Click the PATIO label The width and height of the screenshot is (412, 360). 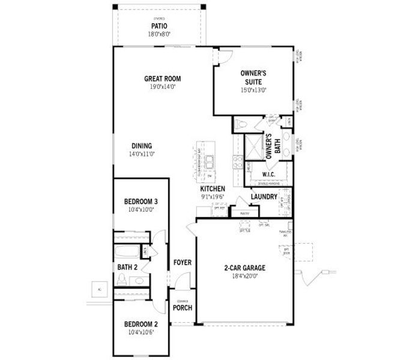click(x=159, y=26)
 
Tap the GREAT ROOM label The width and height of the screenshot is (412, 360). click(x=162, y=78)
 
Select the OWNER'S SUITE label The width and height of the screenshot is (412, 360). click(x=253, y=77)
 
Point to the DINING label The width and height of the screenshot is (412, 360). click(x=142, y=146)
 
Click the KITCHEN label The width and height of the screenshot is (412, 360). click(x=212, y=189)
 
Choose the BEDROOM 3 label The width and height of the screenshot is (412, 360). click(x=141, y=201)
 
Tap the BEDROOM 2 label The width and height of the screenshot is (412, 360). click(x=141, y=325)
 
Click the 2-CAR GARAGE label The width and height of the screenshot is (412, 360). click(x=244, y=268)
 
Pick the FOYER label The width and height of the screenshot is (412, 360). click(x=182, y=262)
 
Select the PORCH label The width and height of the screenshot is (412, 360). click(x=182, y=308)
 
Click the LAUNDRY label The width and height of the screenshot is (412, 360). click(x=264, y=196)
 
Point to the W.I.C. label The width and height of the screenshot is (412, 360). click(x=268, y=175)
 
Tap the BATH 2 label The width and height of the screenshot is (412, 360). click(x=127, y=267)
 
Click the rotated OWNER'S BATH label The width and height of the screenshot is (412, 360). click(x=273, y=144)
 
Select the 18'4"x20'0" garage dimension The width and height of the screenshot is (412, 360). click(x=244, y=277)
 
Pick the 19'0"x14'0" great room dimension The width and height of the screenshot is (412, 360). click(x=162, y=86)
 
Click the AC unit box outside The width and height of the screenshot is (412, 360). click(x=99, y=289)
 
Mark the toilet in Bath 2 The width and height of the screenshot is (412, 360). click(x=122, y=280)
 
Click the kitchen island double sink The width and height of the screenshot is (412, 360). click(x=210, y=161)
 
